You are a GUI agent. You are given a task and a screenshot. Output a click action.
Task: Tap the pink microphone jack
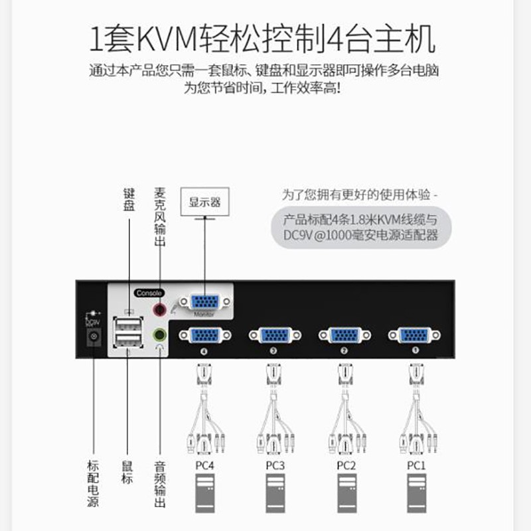pyautogui.click(x=159, y=309)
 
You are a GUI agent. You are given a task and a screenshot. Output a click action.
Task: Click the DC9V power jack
pyautogui.click(x=94, y=337)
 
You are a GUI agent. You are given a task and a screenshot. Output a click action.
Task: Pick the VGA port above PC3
pyautogui.click(x=274, y=335)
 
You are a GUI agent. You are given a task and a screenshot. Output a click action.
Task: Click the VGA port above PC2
pyautogui.click(x=344, y=335)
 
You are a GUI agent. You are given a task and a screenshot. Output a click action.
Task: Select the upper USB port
pyautogui.click(x=128, y=325)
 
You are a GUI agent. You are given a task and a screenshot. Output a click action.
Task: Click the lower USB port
pyautogui.click(x=128, y=341)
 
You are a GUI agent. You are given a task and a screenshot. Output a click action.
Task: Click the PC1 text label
pyautogui.click(x=416, y=465)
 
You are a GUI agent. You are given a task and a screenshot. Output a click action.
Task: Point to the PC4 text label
pyautogui.click(x=204, y=465)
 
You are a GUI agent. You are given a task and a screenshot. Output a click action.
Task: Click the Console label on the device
pyautogui.click(x=147, y=293)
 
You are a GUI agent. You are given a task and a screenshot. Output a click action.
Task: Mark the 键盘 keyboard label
pyautogui.click(x=129, y=200)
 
